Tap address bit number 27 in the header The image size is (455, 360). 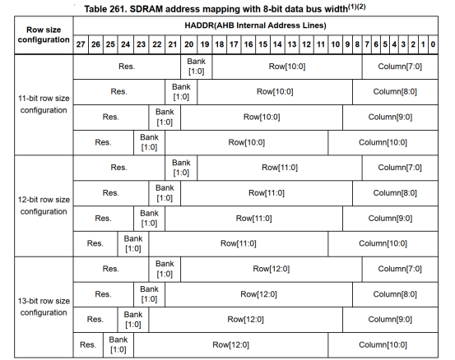[81, 44]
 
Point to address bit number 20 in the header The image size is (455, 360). [188, 44]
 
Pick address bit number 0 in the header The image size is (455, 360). [433, 44]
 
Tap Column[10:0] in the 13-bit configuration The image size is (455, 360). [384, 345]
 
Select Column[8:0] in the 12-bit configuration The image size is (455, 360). [397, 192]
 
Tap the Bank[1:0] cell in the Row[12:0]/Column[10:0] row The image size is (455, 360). [117, 344]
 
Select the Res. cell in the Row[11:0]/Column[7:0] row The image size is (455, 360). [119, 168]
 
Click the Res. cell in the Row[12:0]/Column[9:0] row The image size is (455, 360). [95, 319]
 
